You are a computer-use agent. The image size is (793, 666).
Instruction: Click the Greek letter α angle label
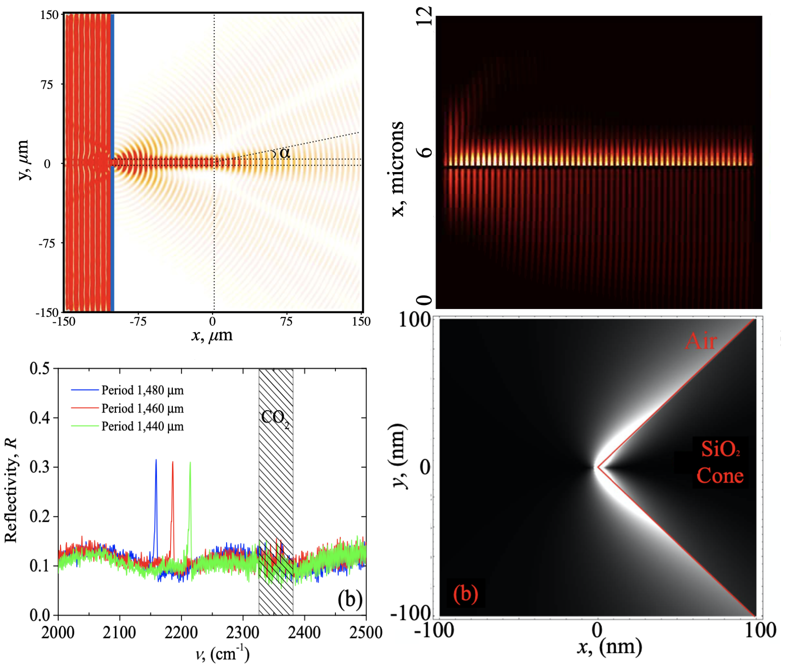284,153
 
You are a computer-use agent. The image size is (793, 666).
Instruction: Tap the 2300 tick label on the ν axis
243,633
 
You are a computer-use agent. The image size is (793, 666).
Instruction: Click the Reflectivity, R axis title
11,490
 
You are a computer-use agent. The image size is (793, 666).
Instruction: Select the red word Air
700,341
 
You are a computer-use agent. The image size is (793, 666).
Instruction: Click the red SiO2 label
720,449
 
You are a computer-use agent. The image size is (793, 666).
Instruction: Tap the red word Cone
720,476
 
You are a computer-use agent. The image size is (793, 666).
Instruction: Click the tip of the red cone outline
598,467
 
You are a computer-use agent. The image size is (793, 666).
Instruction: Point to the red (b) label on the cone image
465,593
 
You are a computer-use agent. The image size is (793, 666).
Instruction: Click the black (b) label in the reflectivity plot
350,599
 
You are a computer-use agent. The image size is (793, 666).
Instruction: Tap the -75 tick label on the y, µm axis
46,244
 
